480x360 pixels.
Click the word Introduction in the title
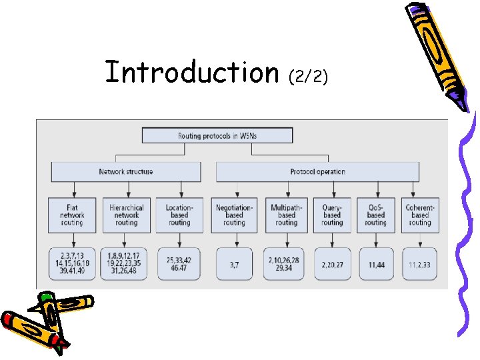pos(191,73)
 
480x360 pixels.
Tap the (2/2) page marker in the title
pos(308,77)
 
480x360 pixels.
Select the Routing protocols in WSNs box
pos(217,135)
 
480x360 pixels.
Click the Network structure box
pos(126,172)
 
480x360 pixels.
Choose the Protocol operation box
pos(317,172)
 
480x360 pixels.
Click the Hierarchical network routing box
pos(126,215)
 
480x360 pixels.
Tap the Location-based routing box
pos(179,215)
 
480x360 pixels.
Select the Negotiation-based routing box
pos(234,215)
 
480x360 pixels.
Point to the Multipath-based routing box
pos(287,215)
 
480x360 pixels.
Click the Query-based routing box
pos(332,215)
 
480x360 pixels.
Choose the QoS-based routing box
pos(375,215)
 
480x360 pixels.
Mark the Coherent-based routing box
pos(419,215)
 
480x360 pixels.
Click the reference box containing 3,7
pos(234,264)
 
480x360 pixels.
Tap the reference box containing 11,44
pos(375,264)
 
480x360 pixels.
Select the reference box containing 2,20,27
pos(332,264)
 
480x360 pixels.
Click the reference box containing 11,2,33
pos(419,264)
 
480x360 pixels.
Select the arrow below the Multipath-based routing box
pos(287,240)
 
